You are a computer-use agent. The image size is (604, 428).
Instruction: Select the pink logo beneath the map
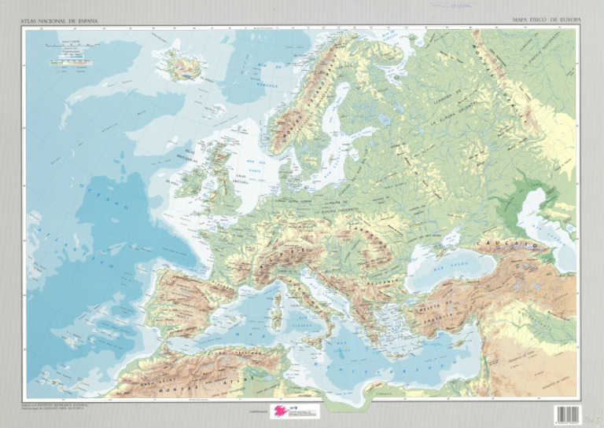tap(282, 411)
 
